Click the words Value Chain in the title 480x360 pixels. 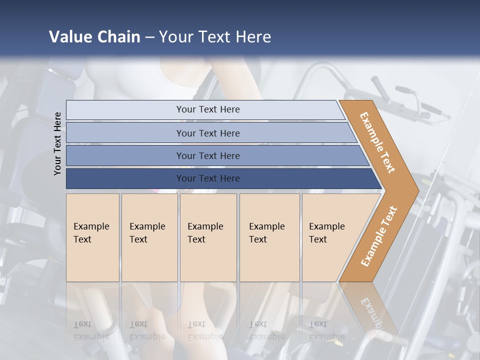click(94, 36)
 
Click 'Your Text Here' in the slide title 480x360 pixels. click(215, 36)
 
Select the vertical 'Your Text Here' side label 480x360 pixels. click(57, 143)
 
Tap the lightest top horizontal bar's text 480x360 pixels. click(208, 109)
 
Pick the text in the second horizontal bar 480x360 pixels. click(208, 133)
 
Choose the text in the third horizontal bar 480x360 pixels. click(208, 155)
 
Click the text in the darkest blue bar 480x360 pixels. click(208, 178)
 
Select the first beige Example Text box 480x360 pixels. click(92, 237)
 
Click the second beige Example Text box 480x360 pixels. click(149, 237)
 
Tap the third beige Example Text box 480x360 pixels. click(207, 237)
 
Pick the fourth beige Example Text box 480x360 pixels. click(269, 237)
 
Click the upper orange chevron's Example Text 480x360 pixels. click(378, 142)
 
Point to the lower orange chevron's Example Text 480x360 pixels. click(379, 236)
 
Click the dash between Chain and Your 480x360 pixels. click(149, 37)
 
